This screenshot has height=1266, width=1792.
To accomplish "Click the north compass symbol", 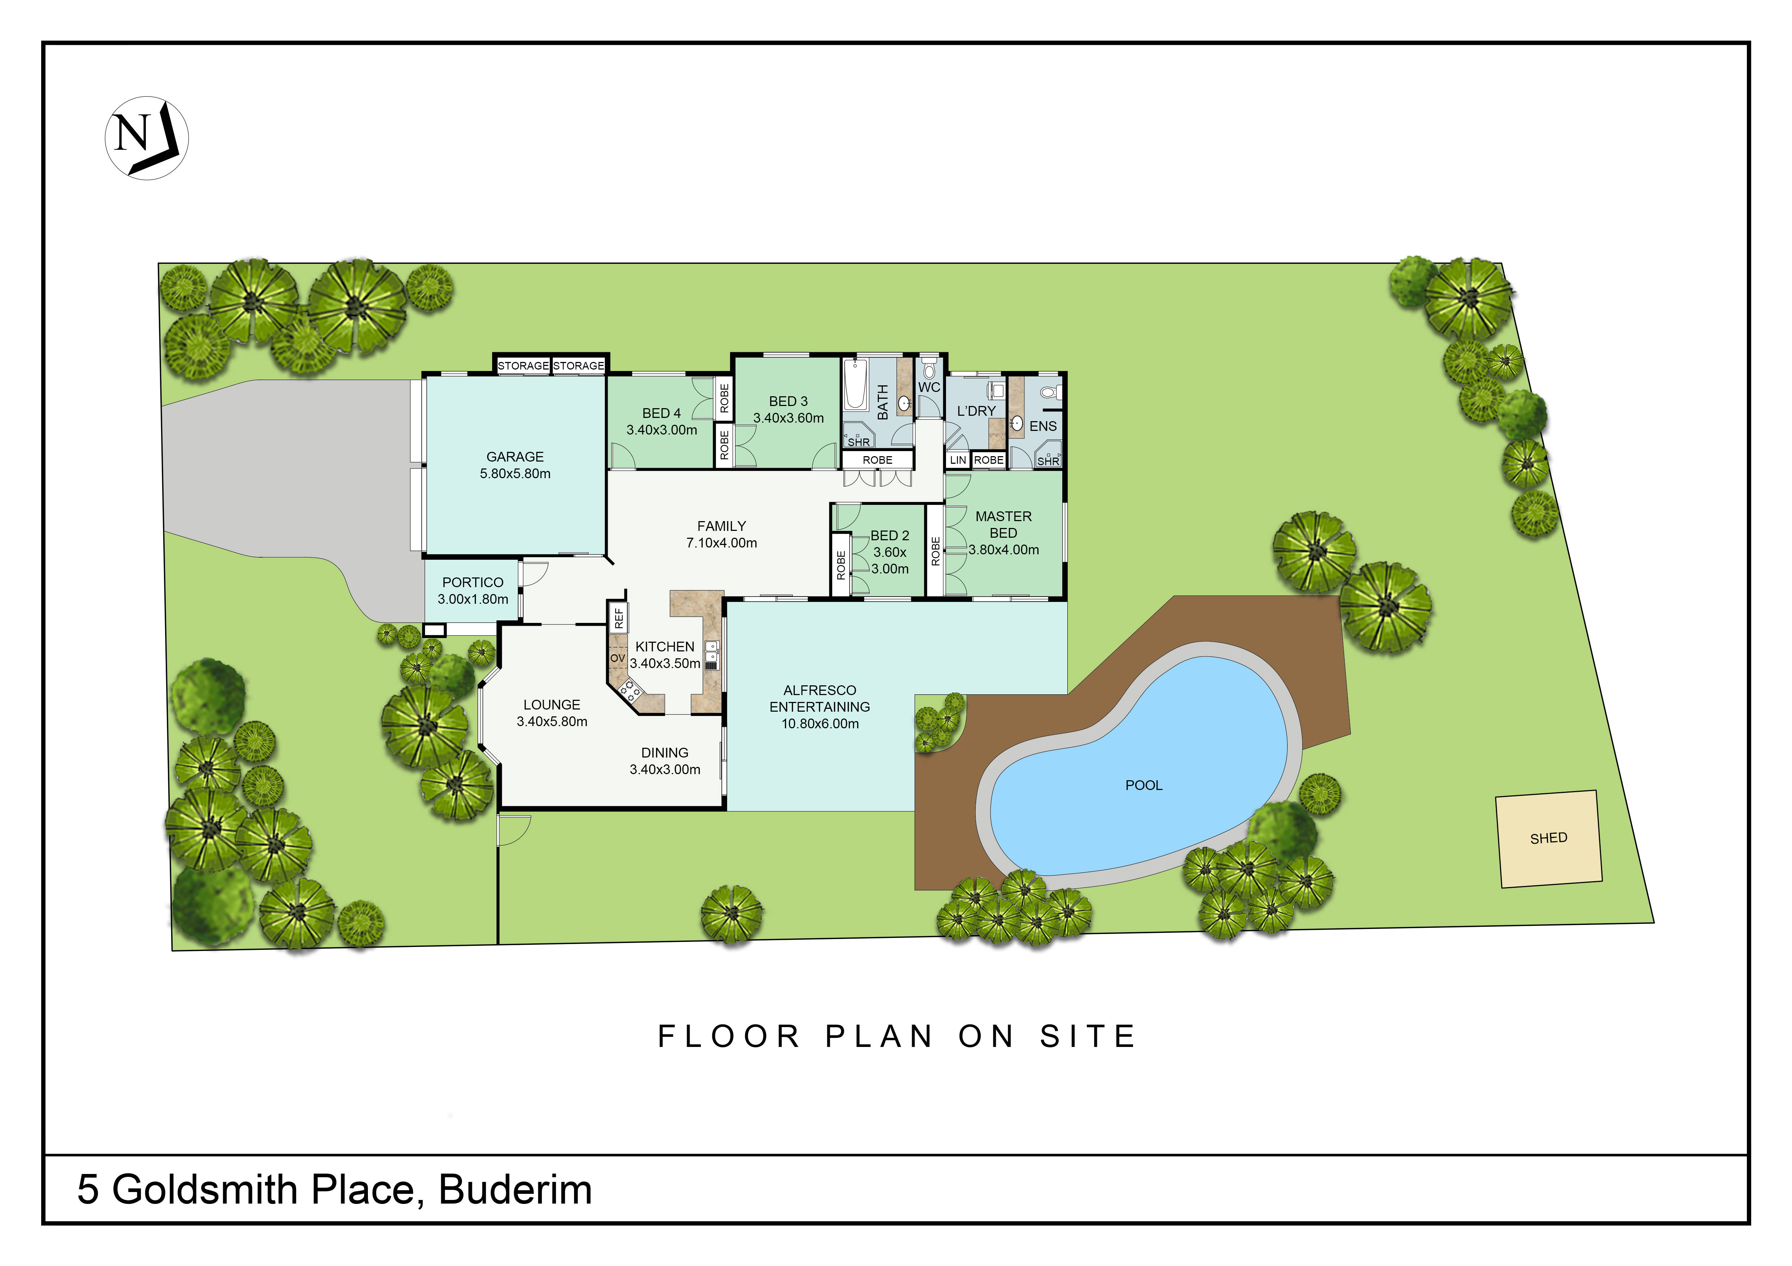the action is (x=147, y=138).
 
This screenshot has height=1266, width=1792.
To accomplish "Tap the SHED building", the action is (x=1549, y=839).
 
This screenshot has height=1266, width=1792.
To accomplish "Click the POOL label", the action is (x=1144, y=786).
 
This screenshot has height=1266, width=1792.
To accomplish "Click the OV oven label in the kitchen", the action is (x=617, y=658).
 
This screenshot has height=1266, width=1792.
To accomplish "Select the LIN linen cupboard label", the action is (x=958, y=460).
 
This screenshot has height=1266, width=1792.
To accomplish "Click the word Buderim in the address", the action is (x=515, y=1189).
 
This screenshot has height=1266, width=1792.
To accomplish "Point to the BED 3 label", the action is (x=788, y=401).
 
